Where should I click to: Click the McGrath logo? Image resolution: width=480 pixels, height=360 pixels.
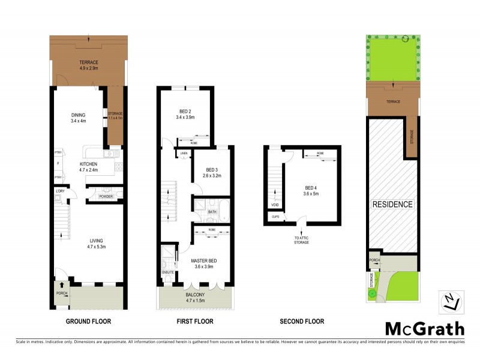[424, 329]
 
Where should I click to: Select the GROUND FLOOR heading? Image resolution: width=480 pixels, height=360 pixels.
[88, 321]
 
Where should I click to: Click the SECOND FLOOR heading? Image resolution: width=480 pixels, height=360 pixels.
[302, 321]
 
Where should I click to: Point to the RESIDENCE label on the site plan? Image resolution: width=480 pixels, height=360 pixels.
[393, 205]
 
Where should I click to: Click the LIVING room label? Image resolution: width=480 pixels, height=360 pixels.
[88, 240]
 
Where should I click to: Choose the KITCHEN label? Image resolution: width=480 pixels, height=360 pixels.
[89, 163]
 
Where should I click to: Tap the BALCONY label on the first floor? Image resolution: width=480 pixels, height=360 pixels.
[194, 294]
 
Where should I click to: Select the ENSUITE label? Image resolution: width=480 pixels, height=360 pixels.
[168, 272]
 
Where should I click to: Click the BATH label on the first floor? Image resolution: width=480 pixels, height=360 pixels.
[212, 211]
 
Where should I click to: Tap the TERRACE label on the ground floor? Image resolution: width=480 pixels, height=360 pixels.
[88, 62]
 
